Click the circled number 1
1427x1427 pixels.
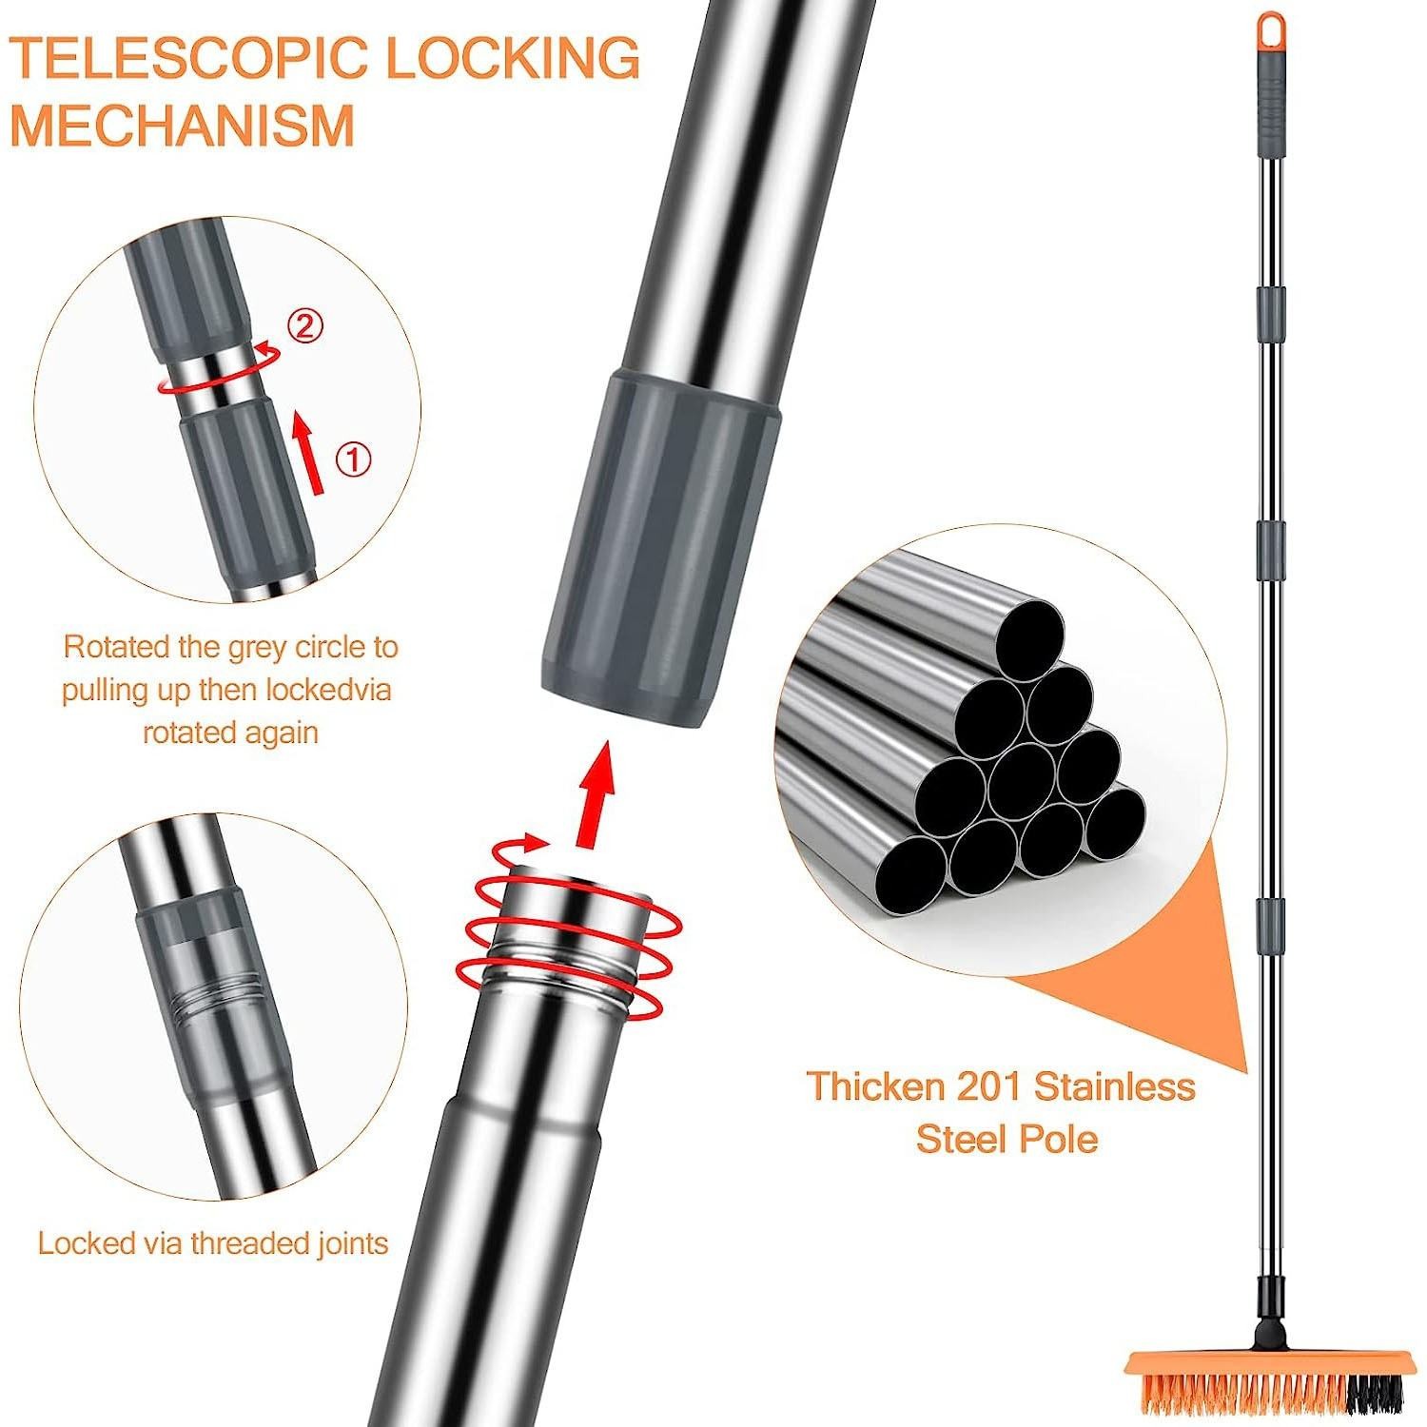point(354,460)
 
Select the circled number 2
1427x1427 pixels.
point(304,326)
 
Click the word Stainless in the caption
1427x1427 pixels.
point(1115,1086)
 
